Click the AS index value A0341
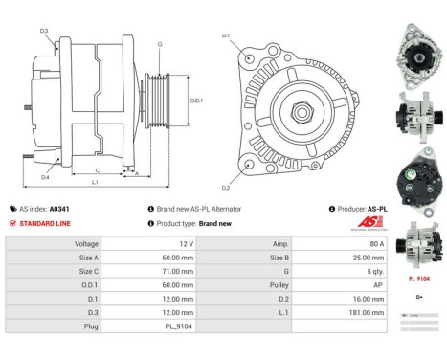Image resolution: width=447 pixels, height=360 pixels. pyautogui.click(x=59, y=208)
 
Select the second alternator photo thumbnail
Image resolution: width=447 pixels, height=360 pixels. pyautogui.click(x=420, y=119)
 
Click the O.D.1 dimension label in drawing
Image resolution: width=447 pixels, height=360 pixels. pyautogui.click(x=195, y=99)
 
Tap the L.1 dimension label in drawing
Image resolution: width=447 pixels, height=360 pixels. pyautogui.click(x=95, y=182)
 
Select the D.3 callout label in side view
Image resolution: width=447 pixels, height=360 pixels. pyautogui.click(x=44, y=32)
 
